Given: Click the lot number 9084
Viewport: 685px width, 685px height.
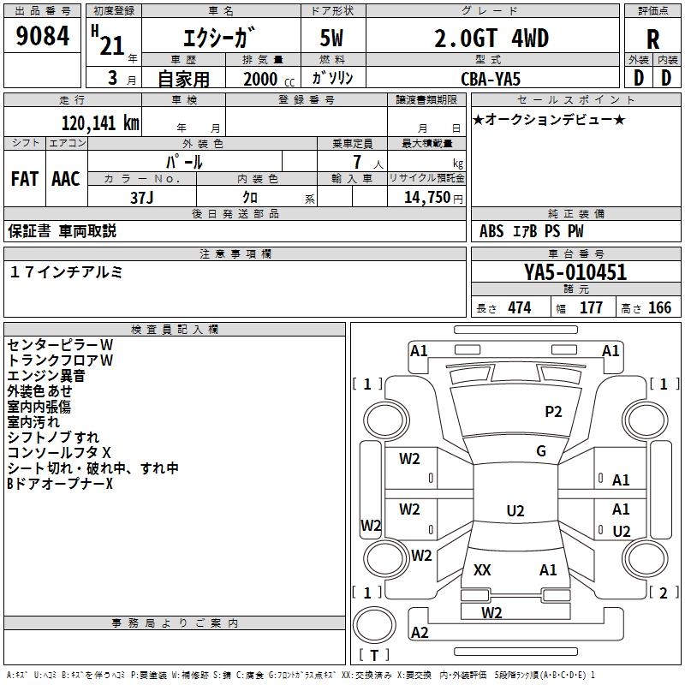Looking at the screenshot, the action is (42, 37).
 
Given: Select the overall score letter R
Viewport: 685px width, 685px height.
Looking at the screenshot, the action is (652, 39).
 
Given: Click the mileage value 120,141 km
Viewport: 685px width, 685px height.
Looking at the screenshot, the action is (100, 122).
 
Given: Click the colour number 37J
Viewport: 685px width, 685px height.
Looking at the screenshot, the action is (142, 196).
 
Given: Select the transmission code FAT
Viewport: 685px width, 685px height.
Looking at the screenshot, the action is (24, 179).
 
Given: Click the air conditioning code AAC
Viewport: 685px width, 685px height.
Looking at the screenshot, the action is (65, 179).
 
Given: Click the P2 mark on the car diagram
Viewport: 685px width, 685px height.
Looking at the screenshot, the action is (553, 412).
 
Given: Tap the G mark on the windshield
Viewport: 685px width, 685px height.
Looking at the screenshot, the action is (541, 451).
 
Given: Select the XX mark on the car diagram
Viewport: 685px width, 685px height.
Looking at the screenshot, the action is (482, 569).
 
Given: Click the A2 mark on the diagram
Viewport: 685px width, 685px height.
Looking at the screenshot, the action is (420, 632).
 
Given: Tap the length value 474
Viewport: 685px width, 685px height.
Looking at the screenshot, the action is (518, 308).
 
